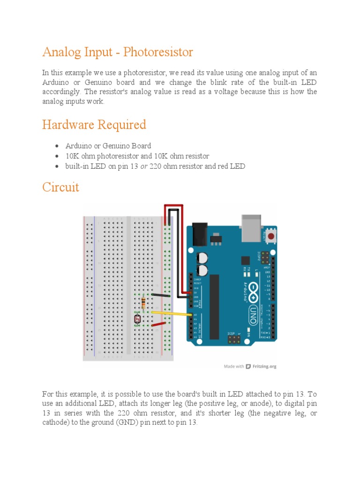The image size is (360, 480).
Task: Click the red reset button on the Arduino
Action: tap(270, 237)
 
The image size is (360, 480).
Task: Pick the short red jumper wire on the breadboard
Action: tap(157, 324)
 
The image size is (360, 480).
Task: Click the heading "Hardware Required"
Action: tap(94, 125)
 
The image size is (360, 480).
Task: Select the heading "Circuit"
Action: tap(60, 187)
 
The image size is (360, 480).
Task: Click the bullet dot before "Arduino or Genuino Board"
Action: tap(56, 146)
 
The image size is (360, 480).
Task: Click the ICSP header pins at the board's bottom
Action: tap(234, 338)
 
